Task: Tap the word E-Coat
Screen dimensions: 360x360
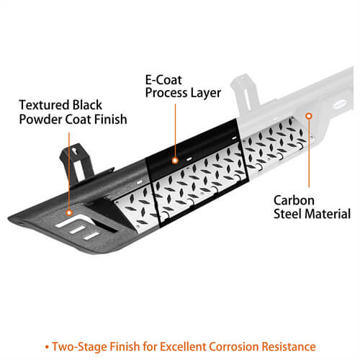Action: point(163,80)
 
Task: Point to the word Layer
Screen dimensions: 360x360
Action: point(205,93)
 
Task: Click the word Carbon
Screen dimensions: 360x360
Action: point(294,200)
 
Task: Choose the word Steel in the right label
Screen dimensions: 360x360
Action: point(287,214)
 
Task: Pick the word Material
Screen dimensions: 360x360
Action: point(328,214)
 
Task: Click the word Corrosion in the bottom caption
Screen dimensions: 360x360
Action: point(233,346)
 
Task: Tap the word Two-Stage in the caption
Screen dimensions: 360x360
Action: point(80,347)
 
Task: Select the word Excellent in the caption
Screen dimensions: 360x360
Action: point(183,346)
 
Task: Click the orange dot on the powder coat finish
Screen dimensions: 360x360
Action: point(69,212)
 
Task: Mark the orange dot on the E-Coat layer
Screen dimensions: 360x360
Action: point(175,161)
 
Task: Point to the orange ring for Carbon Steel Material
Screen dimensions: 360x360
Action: point(309,116)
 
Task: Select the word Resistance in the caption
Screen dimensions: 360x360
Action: point(289,346)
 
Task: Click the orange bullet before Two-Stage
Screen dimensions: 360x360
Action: point(47,347)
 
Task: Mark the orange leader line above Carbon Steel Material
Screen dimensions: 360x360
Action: point(309,153)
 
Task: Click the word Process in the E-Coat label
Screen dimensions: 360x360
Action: point(166,93)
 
